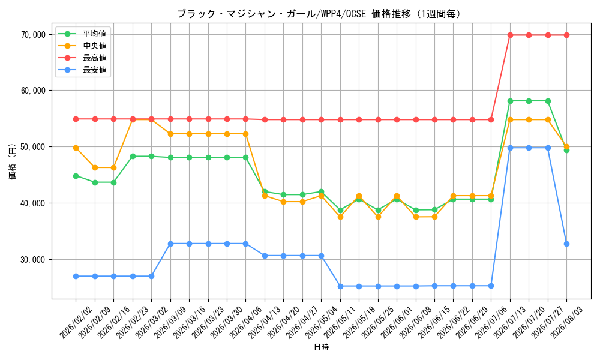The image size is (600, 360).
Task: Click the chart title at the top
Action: pos(319,14)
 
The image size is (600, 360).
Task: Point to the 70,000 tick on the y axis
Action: pos(33,35)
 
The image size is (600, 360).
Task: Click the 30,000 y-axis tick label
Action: pos(33,260)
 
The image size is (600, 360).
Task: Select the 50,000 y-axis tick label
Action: pos(33,147)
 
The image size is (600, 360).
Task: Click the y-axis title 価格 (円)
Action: pos(13,162)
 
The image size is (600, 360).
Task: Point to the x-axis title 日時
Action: pos(322,347)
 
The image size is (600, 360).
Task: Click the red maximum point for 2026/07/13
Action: pos(510,35)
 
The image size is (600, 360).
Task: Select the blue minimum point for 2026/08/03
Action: pos(567,244)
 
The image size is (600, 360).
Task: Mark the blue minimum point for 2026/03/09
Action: pos(170,244)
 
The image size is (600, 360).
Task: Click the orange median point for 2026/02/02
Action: pos(76,148)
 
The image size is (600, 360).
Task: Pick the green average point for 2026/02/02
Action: pos(76,176)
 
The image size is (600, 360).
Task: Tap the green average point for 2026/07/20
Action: pos(529,101)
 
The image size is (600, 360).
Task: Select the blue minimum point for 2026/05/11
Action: pos(340,286)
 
